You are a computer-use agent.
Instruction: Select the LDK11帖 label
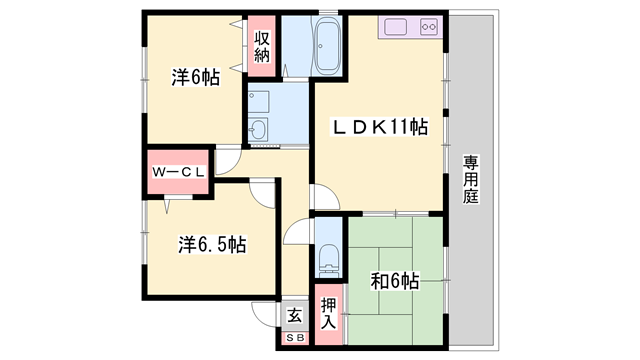(381, 126)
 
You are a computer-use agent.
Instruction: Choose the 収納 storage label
(262, 48)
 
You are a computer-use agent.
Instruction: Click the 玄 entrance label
(294, 316)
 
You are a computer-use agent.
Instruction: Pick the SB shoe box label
(294, 339)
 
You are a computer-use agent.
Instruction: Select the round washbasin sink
(259, 130)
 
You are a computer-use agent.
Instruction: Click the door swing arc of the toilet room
(296, 235)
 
